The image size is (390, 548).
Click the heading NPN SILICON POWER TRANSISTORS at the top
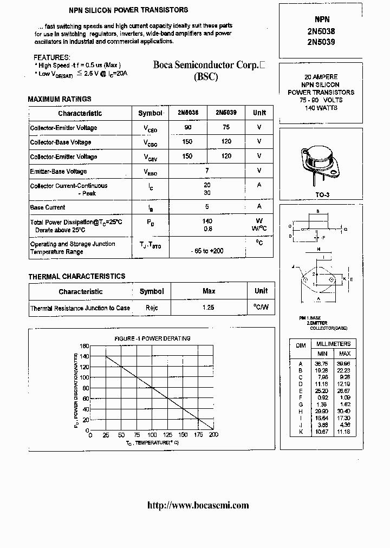point(128,10)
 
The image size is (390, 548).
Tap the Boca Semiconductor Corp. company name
point(206,64)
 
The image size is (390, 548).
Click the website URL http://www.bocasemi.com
point(198,505)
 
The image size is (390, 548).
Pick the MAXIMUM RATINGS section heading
point(60,99)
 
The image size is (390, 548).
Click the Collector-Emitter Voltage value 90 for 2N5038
point(188,127)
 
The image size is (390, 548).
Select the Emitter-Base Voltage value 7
point(206,171)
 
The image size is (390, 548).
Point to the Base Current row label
point(48,207)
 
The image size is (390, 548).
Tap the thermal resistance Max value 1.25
point(209,308)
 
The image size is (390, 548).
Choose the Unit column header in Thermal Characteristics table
point(261,291)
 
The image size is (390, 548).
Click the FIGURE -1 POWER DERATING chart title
point(152,338)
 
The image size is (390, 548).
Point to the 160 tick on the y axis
point(84,346)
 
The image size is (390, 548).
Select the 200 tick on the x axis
point(213,435)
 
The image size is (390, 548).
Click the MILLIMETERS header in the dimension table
point(333,344)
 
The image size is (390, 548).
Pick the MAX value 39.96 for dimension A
point(344,364)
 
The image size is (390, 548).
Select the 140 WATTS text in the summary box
point(321,108)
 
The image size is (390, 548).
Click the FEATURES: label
point(52,57)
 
